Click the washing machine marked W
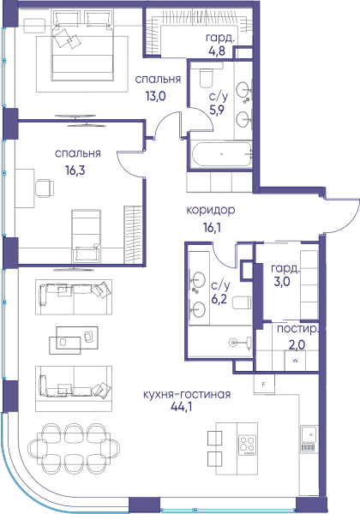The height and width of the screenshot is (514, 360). [295, 361]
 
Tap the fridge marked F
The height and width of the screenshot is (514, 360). [264, 385]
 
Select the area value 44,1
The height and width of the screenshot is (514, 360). [182, 407]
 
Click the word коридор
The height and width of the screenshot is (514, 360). [211, 210]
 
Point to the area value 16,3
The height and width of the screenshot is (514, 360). [75, 170]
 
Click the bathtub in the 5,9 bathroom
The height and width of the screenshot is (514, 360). [222, 154]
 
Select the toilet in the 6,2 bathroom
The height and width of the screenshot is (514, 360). [242, 302]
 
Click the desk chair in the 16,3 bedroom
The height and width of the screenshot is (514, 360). [45, 188]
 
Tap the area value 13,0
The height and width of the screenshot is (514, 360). [155, 96]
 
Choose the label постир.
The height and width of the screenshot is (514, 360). [297, 330]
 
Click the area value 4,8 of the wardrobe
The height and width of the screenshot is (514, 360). [217, 51]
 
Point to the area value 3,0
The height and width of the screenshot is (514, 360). [282, 282]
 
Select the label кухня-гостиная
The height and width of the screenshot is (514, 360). [187, 394]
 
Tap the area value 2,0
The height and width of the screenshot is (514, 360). [297, 344]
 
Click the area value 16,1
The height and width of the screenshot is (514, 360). [212, 227]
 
